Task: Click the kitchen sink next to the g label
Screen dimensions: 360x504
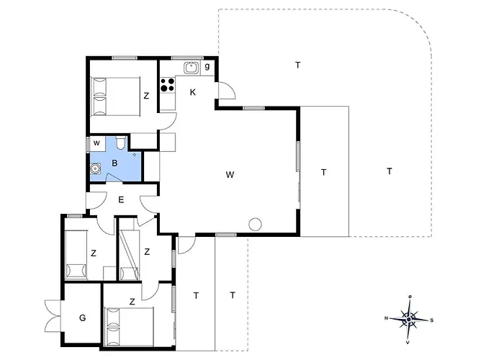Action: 191,68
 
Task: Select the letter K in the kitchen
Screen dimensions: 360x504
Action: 192,92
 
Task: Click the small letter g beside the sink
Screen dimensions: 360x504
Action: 207,66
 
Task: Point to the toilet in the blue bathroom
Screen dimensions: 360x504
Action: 121,143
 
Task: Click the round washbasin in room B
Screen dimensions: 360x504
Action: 95,169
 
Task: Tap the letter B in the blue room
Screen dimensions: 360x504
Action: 114,163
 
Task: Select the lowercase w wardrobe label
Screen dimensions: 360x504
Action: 95,143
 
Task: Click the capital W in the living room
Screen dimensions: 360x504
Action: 230,174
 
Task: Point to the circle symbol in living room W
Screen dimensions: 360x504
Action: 255,224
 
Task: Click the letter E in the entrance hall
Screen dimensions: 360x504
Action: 121,199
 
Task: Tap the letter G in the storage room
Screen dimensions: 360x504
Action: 82,318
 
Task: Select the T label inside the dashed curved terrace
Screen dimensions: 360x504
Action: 297,66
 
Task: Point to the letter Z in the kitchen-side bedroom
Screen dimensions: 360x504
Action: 146,95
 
